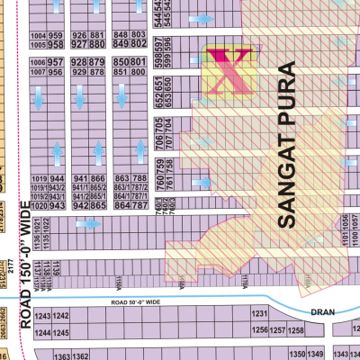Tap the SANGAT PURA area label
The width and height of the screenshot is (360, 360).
pos(287,144)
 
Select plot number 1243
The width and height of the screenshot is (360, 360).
pos(61,318)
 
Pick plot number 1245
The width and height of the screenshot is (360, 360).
pos(61,331)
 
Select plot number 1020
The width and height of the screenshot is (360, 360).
pos(37,205)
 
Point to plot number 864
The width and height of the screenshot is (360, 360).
pos(122,205)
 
